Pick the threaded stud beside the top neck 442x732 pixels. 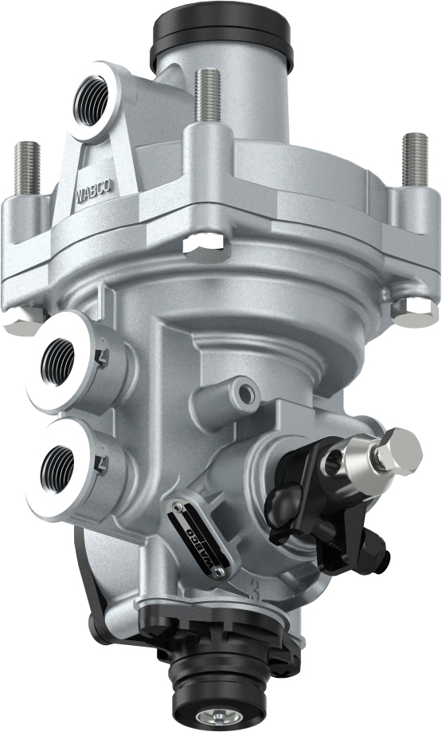[207, 96]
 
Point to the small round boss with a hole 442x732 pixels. [244, 390]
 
